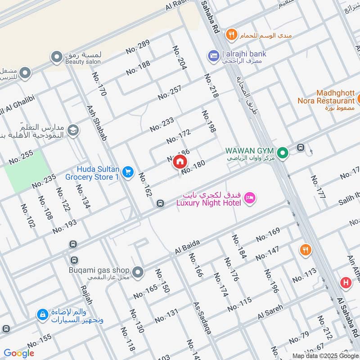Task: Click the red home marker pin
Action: click(x=180, y=162)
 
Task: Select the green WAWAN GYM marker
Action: click(x=282, y=153)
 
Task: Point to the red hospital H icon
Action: click(x=346, y=282)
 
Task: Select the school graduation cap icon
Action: click(x=72, y=131)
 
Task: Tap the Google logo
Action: click(x=19, y=353)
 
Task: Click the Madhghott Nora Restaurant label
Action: click(x=326, y=97)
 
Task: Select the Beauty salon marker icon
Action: click(x=57, y=57)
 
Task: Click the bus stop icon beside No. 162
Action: click(x=160, y=204)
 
